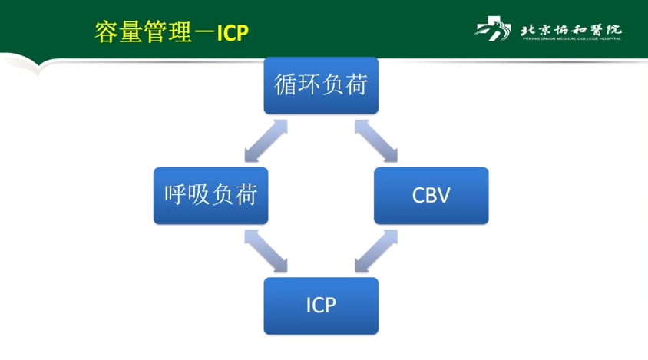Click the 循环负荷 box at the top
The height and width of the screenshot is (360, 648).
tap(321, 85)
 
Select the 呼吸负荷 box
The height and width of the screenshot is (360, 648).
tap(210, 195)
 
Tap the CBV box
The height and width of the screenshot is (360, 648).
tap(431, 195)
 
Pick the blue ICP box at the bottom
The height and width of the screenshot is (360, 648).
tap(321, 305)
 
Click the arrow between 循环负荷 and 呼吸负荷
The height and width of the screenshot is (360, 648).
tap(266, 140)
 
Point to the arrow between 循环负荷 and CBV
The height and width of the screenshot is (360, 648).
tap(376, 140)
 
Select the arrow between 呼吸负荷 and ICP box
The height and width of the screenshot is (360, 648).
tap(266, 250)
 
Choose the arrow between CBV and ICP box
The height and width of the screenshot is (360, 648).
tap(376, 250)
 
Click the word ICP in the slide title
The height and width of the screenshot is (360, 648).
tap(233, 32)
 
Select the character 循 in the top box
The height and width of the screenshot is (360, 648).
tap(286, 85)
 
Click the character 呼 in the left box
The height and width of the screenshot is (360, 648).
tap(176, 195)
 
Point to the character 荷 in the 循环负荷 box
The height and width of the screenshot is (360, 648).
tap(355, 85)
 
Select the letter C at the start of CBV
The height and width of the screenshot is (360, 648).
tap(418, 196)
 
